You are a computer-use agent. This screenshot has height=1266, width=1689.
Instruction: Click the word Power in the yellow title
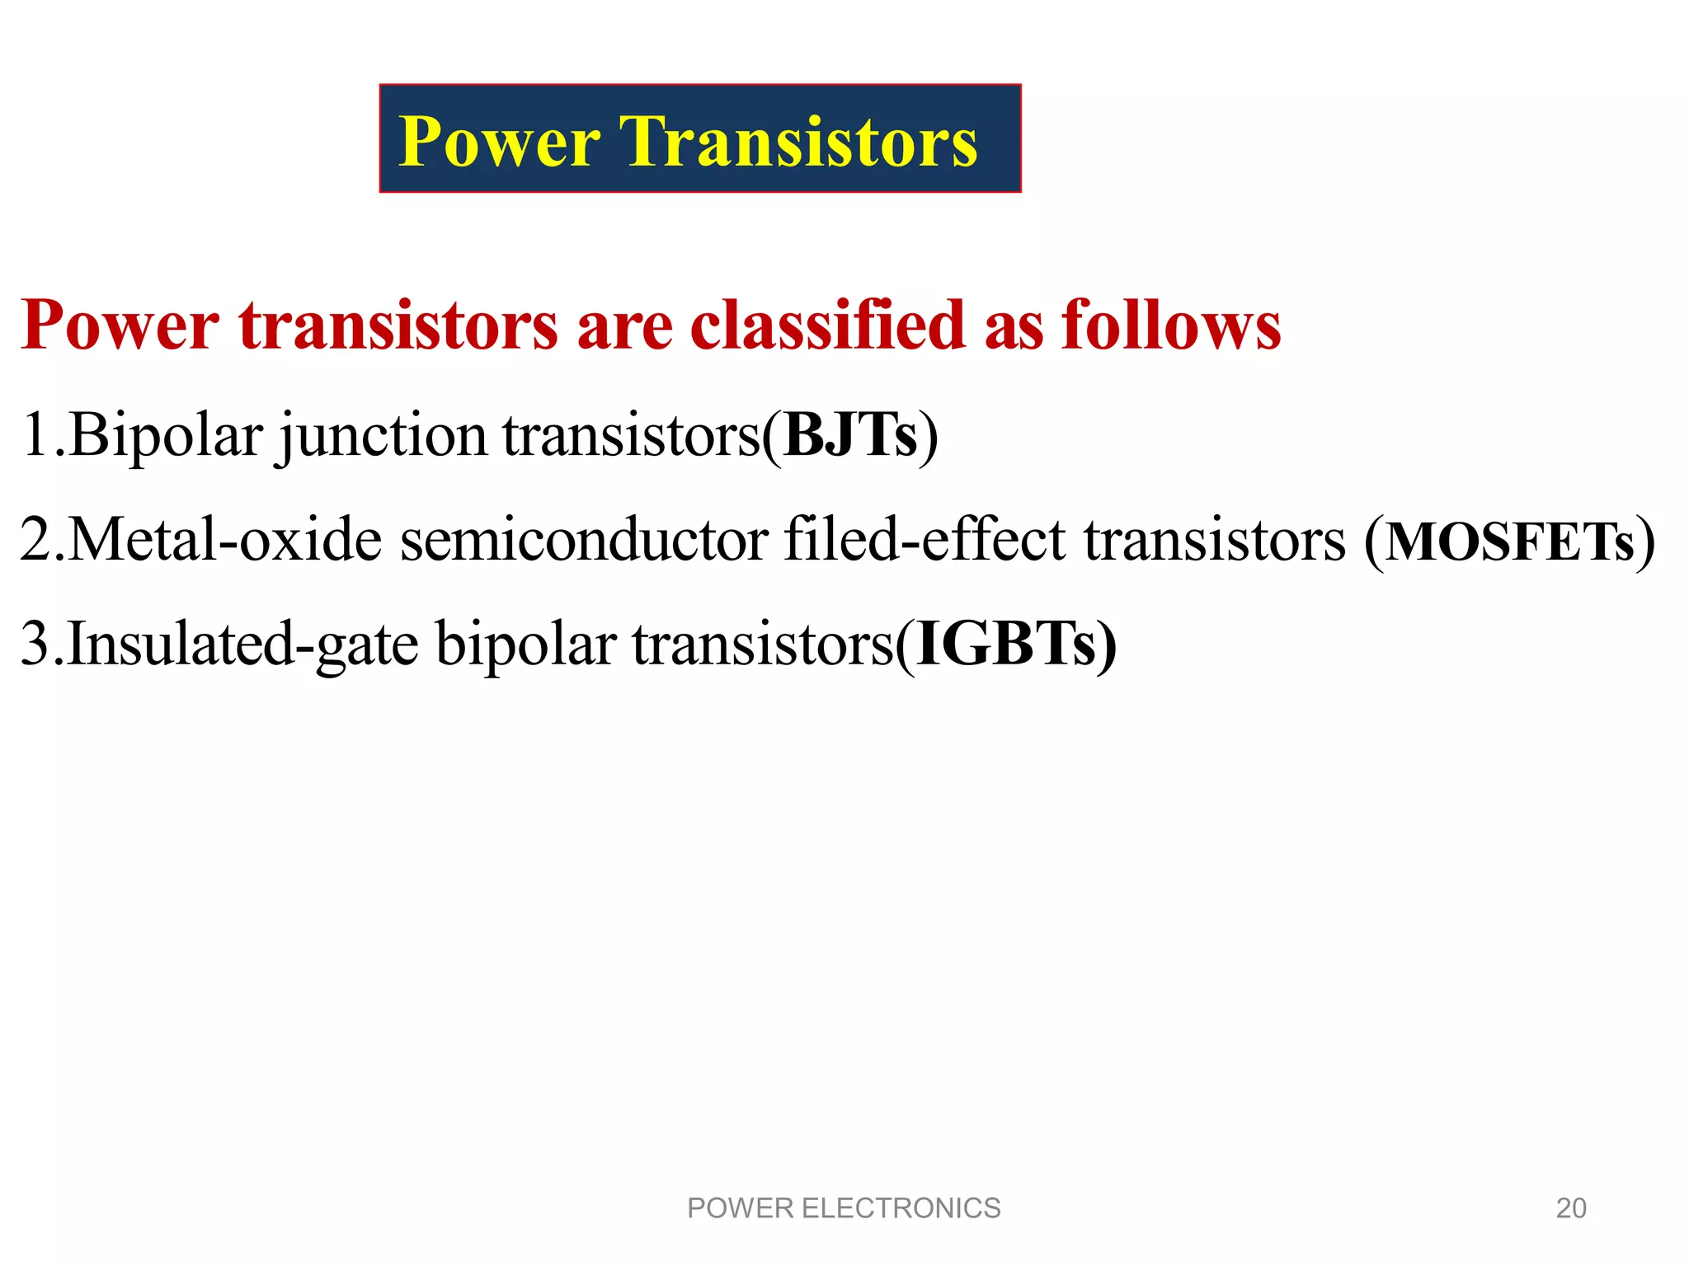click(x=499, y=142)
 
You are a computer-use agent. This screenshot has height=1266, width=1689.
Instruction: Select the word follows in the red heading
click(x=1171, y=325)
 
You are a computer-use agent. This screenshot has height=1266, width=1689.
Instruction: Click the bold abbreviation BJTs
click(x=850, y=434)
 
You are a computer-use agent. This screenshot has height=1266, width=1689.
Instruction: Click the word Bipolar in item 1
click(x=166, y=434)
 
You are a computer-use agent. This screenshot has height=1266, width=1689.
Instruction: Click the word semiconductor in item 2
click(x=584, y=540)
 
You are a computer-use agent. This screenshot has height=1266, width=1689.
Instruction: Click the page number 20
click(x=1570, y=1208)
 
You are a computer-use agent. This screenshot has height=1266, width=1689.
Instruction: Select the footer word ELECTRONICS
click(x=901, y=1208)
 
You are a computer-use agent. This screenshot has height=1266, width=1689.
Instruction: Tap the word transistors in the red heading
click(x=399, y=325)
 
